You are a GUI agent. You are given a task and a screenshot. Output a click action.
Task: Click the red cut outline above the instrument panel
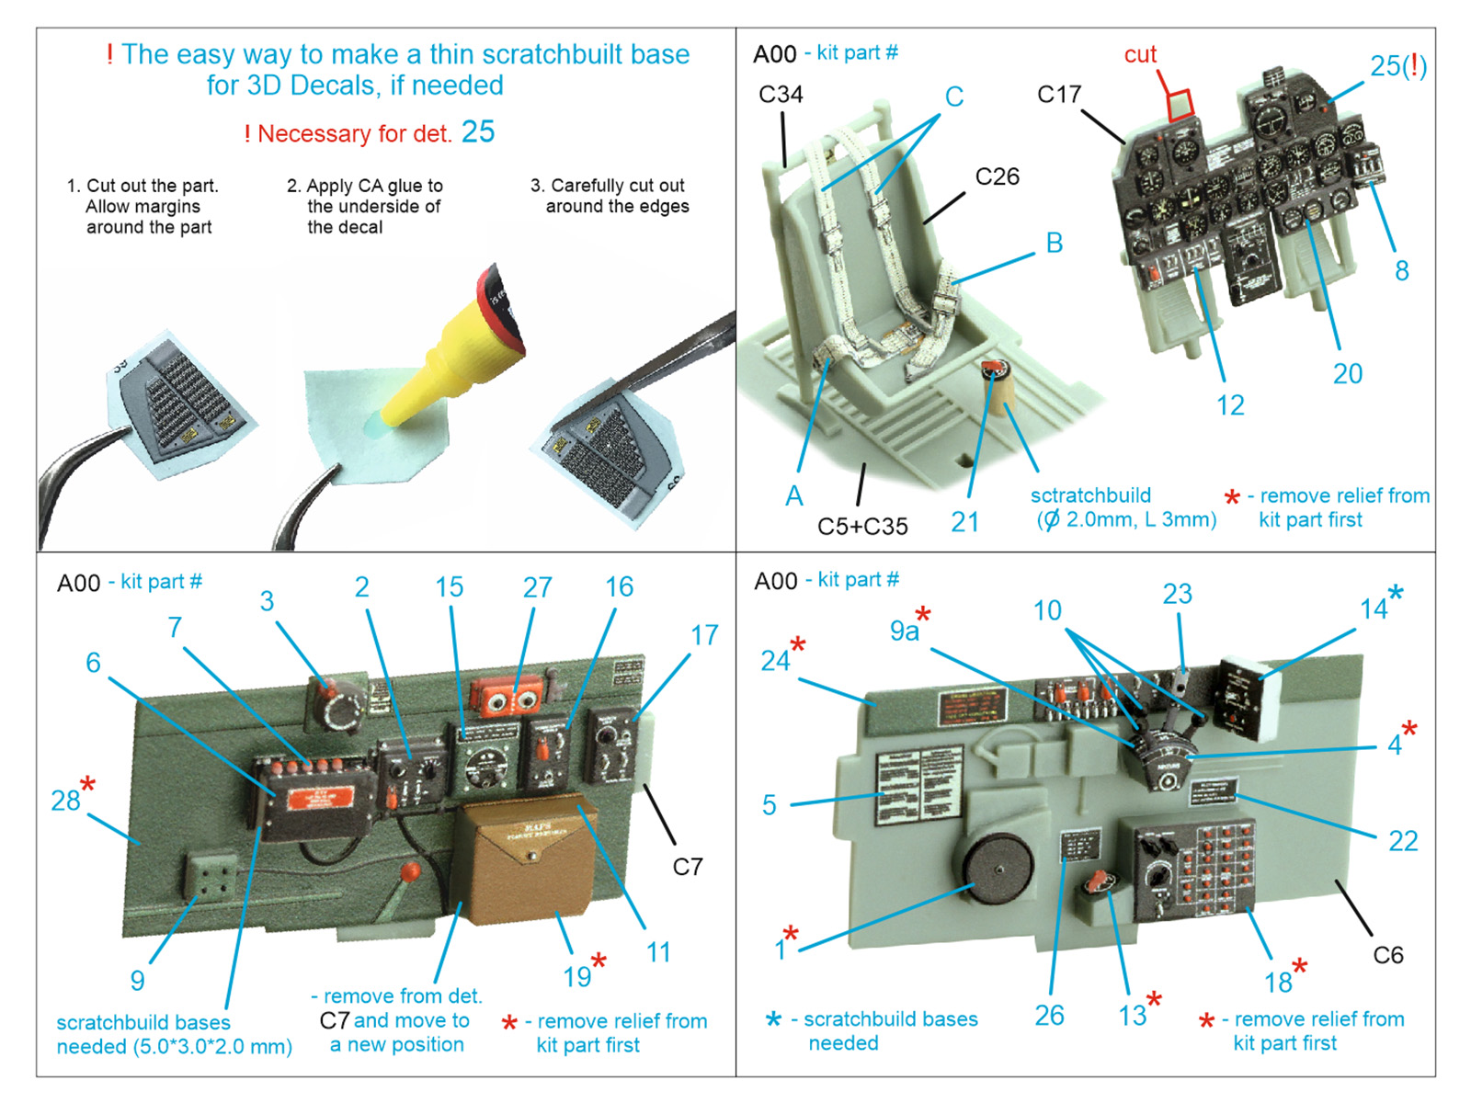point(1180,105)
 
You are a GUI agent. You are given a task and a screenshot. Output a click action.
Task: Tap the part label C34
point(781,95)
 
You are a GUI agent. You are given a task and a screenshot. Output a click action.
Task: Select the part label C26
point(998,176)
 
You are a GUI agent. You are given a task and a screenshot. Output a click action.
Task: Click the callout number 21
point(964,522)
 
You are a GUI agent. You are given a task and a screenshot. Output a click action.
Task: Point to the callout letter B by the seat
point(1055,243)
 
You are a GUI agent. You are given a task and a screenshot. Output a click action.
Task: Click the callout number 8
point(1401,270)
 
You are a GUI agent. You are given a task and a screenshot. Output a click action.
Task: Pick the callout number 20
point(1348,373)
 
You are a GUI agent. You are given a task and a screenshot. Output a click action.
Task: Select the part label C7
point(688,867)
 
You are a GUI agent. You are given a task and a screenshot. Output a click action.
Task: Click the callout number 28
point(65,801)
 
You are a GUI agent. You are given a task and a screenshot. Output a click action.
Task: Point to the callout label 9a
point(904,631)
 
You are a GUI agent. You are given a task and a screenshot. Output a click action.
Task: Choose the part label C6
point(1388,955)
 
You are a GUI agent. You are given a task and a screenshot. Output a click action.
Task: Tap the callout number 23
point(1177,594)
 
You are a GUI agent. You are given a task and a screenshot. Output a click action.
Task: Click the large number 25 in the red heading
point(478,132)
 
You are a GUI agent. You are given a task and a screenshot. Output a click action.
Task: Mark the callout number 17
point(704,634)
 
